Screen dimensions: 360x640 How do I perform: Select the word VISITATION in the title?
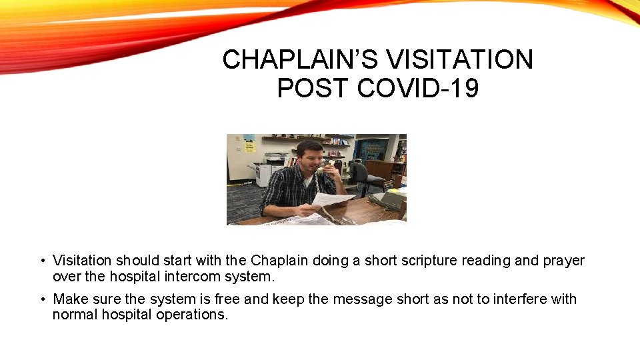460,60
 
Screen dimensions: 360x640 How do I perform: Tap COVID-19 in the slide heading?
418,88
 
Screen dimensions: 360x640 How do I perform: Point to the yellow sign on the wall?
249,142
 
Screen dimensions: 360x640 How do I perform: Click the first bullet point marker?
41,261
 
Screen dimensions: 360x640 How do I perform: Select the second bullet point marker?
41,299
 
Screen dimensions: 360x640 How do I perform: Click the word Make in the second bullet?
69,299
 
